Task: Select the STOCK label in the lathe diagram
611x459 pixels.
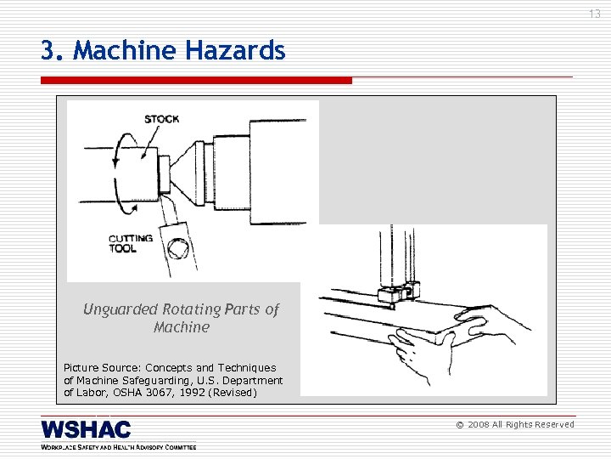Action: (x=161, y=119)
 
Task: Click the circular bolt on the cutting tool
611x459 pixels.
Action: (x=178, y=249)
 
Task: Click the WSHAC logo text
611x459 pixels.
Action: (x=86, y=429)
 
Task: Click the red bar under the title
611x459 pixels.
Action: (x=195, y=80)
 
